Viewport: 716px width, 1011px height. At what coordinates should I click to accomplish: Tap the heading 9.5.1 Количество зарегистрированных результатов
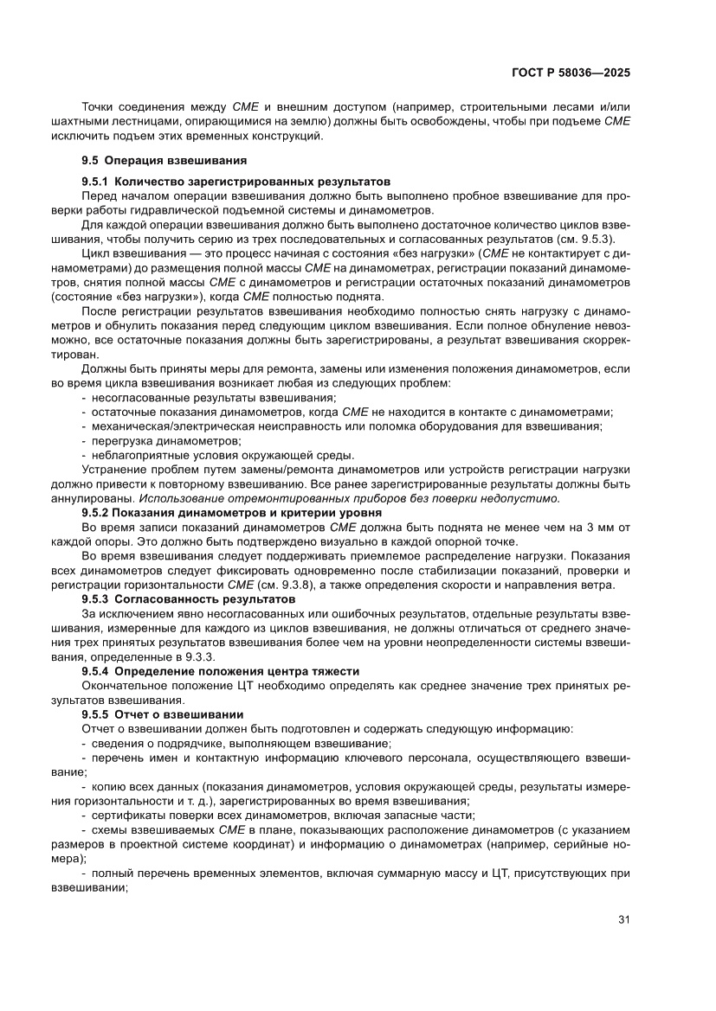[235, 182]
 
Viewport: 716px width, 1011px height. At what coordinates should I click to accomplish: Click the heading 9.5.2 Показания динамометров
[225, 513]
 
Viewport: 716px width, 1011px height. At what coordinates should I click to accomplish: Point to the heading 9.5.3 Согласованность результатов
[189, 598]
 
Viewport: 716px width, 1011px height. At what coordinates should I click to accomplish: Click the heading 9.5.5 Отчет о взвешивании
[163, 714]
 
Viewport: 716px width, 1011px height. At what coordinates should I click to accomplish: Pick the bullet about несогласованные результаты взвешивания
[196, 398]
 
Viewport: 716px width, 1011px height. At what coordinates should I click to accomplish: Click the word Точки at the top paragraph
[99, 106]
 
